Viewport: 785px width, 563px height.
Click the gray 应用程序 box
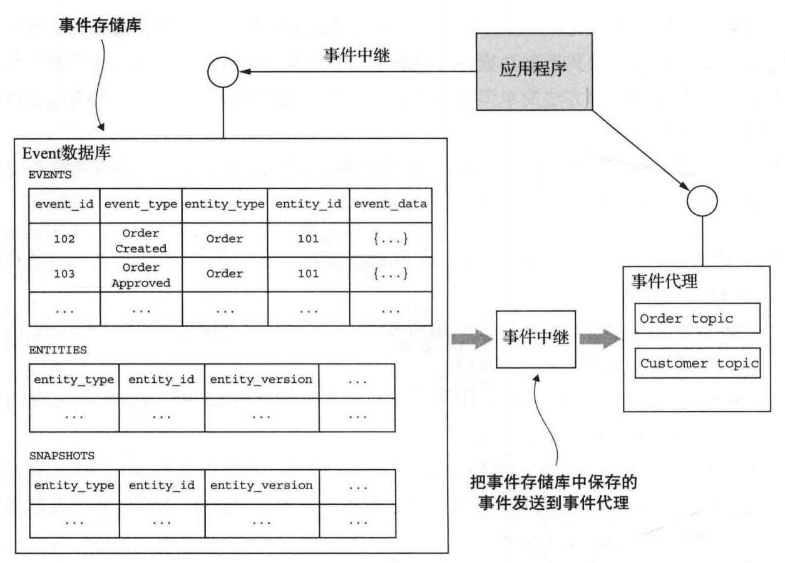533,71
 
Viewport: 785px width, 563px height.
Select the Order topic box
697,318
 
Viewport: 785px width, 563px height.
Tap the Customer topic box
697,363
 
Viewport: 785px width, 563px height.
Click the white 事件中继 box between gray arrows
536,339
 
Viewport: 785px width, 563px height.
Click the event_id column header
65,205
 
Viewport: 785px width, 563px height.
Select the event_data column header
391,205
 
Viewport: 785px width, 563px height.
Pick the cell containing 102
65,239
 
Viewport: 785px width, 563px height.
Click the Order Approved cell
141,274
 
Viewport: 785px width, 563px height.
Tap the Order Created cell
141,239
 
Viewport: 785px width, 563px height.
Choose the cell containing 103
65,274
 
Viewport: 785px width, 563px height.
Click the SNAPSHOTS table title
62,455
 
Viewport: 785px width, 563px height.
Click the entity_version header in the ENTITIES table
261,380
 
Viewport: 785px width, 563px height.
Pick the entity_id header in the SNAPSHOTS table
162,485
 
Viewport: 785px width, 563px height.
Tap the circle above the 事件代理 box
702,201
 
